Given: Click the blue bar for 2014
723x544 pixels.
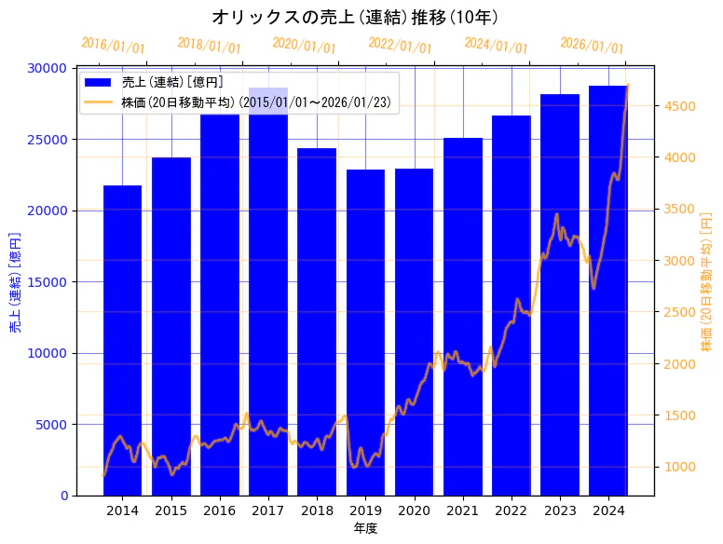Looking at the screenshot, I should pyautogui.click(x=122, y=340).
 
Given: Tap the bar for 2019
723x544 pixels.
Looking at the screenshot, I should pyautogui.click(x=365, y=332).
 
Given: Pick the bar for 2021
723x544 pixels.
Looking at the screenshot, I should pyautogui.click(x=463, y=317).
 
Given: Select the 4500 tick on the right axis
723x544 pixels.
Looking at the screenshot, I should pyautogui.click(x=677, y=106).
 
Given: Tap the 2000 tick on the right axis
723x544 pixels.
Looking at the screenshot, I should pyautogui.click(x=677, y=364).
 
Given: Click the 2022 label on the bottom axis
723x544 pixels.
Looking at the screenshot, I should pyautogui.click(x=512, y=510).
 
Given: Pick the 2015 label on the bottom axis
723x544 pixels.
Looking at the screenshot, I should pyautogui.click(x=171, y=510).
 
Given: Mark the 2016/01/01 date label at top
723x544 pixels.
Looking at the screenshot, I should pyautogui.click(x=113, y=45).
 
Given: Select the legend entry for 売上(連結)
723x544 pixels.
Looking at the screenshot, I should pyautogui.click(x=172, y=83).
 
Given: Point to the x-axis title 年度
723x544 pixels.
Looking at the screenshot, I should pyautogui.click(x=365, y=529).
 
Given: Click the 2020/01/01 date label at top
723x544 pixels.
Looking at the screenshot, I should pyautogui.click(x=304, y=45).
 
